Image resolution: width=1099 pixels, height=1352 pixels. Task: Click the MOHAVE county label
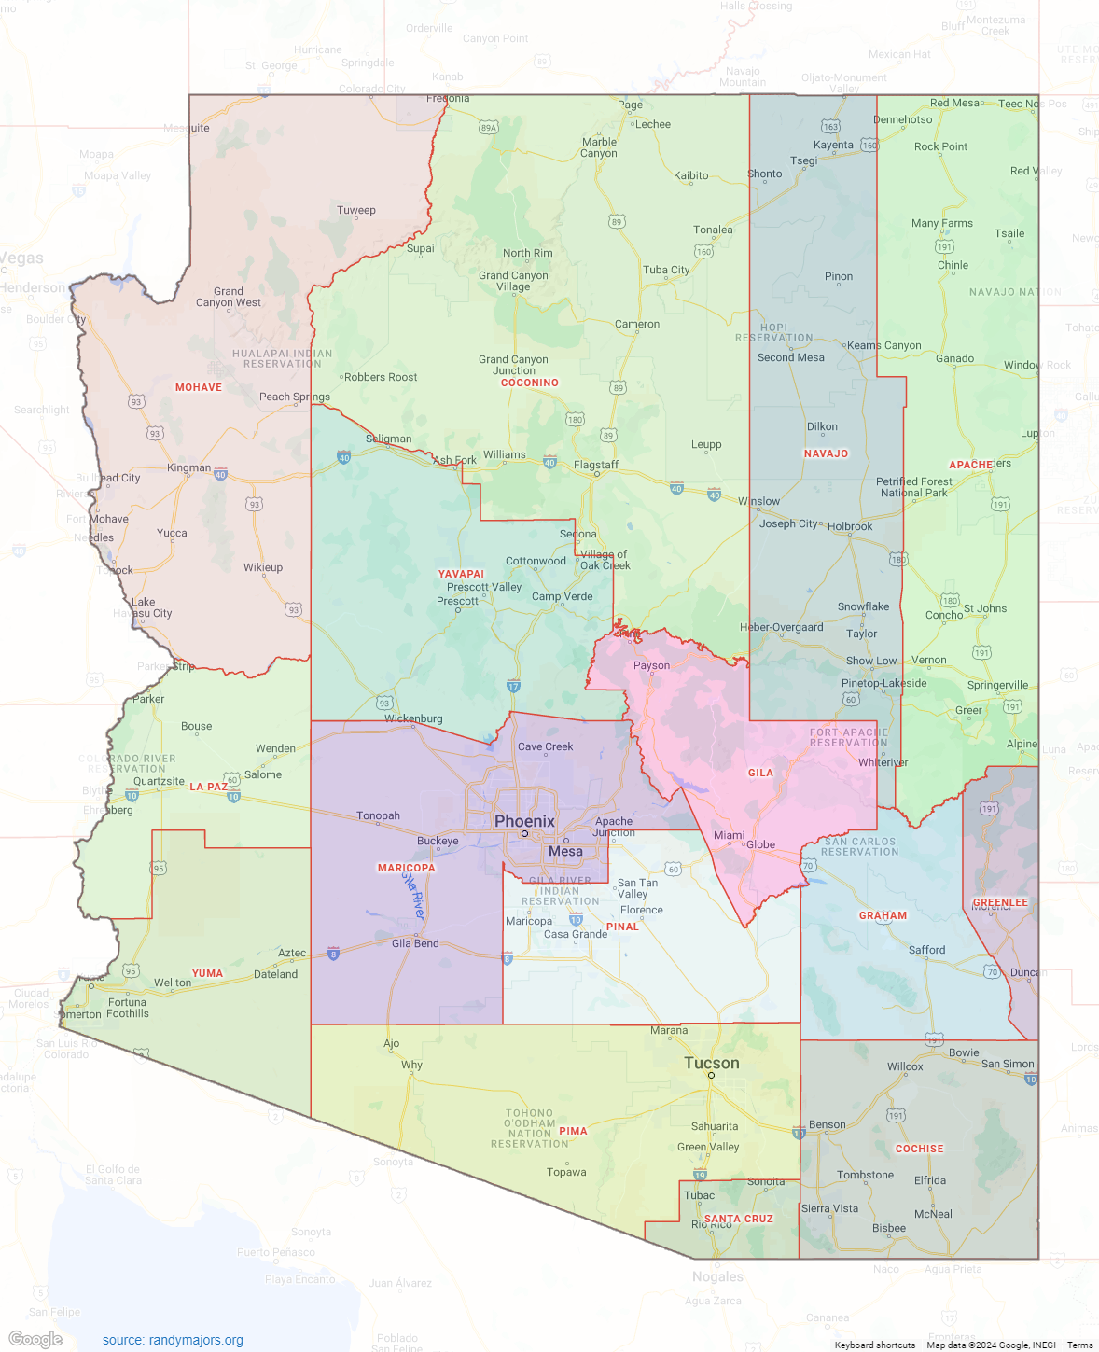pyautogui.click(x=199, y=387)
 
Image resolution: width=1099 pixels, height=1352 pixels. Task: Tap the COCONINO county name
pyautogui.click(x=529, y=383)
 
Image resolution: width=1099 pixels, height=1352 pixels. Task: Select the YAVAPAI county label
pyautogui.click(x=461, y=574)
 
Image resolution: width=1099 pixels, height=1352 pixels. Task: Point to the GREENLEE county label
pyautogui.click(x=1000, y=902)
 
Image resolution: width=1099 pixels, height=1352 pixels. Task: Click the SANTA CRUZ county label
pyautogui.click(x=738, y=1219)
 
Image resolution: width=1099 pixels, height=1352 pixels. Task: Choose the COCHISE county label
pyautogui.click(x=919, y=1149)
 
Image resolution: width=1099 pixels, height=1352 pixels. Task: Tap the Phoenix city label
pyautogui.click(x=524, y=821)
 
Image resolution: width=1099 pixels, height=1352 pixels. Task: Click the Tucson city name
pyautogui.click(x=711, y=1063)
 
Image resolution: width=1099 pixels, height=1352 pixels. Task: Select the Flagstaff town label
pyautogui.click(x=596, y=465)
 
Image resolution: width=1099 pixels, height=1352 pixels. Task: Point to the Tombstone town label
pyautogui.click(x=865, y=1175)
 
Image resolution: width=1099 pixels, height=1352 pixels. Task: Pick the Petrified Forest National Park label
pyautogui.click(x=913, y=487)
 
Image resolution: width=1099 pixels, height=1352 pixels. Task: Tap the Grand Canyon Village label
pyautogui.click(x=513, y=281)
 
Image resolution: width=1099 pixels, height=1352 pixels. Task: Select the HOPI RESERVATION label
pyautogui.click(x=773, y=332)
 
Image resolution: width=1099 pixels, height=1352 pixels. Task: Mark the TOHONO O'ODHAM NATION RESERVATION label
pyautogui.click(x=529, y=1128)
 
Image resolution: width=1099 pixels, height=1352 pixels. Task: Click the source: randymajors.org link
pyautogui.click(x=173, y=1340)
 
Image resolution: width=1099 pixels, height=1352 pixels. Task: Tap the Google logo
pyautogui.click(x=35, y=1339)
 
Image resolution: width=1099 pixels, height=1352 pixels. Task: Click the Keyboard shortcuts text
pyautogui.click(x=874, y=1345)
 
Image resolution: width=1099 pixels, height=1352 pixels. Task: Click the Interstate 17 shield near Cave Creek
pyautogui.click(x=513, y=686)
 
